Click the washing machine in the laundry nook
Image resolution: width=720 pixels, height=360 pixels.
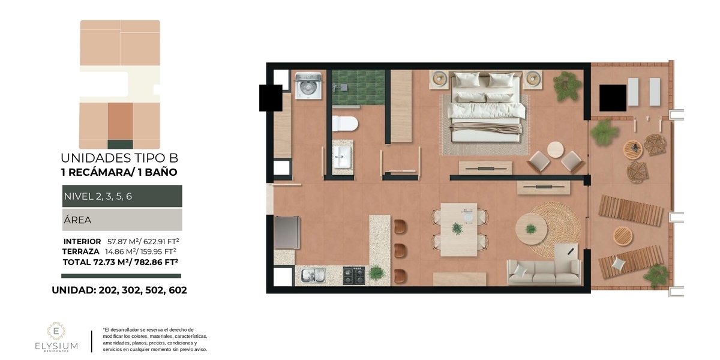[308, 85]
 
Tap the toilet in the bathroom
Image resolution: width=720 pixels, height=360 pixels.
[345, 124]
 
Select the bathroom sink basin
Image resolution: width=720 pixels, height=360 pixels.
[342, 157]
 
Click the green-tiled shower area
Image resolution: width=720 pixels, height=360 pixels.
[358, 88]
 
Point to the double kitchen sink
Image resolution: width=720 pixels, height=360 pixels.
[313, 276]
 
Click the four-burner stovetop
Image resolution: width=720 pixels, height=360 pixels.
[354, 275]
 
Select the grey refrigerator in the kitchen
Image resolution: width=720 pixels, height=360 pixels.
[287, 232]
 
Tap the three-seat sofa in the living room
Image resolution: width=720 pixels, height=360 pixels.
[544, 272]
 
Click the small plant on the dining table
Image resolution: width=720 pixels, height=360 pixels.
[457, 229]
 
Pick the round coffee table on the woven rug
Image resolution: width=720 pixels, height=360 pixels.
[531, 229]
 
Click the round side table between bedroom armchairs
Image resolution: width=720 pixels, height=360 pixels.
[556, 150]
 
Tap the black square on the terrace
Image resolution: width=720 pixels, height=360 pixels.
[613, 98]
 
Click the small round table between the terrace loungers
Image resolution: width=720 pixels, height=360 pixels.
[623, 236]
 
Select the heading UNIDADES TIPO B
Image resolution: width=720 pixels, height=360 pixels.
[119, 158]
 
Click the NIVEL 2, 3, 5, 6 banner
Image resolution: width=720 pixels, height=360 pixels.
[122, 196]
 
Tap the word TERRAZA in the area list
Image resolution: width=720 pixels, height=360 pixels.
[80, 251]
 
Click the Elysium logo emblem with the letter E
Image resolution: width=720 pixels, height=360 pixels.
[56, 331]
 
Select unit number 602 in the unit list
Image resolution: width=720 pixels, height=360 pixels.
[178, 290]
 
